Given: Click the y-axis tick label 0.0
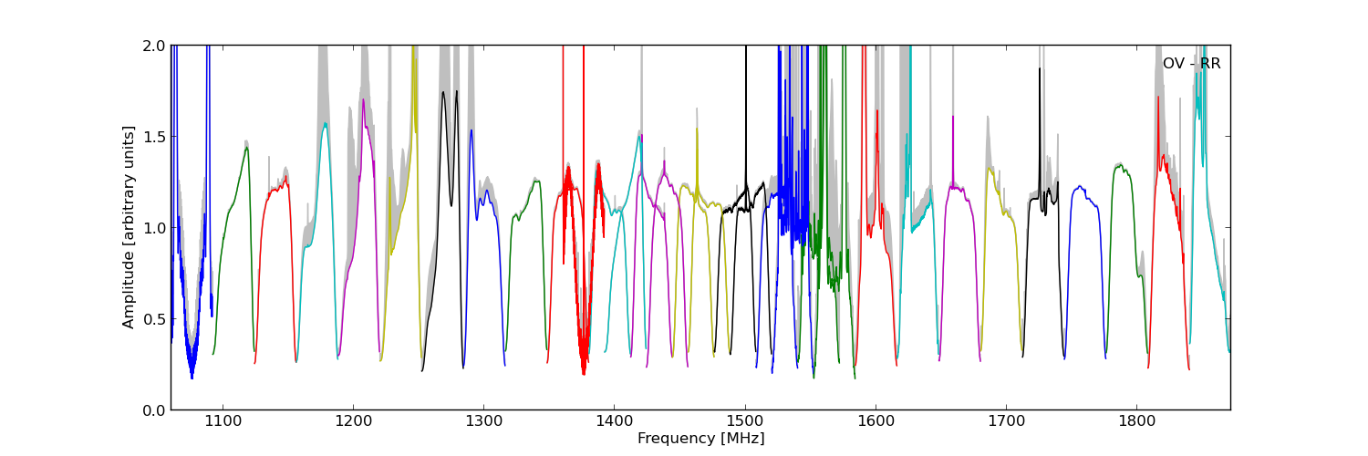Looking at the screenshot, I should [x=154, y=410].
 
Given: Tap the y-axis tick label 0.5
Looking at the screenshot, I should [x=154, y=319].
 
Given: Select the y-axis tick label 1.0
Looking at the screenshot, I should [x=154, y=228].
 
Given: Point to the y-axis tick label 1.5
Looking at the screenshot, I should [x=154, y=137].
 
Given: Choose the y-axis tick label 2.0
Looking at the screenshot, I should [x=154, y=46].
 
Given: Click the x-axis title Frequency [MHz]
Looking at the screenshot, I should [x=700, y=439].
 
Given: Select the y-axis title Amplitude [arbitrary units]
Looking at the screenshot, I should [x=129, y=227].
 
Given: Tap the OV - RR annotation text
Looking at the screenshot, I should [x=1191, y=64].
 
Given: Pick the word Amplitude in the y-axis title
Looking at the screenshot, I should [x=129, y=290].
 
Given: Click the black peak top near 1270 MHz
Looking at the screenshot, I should [x=443, y=92].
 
